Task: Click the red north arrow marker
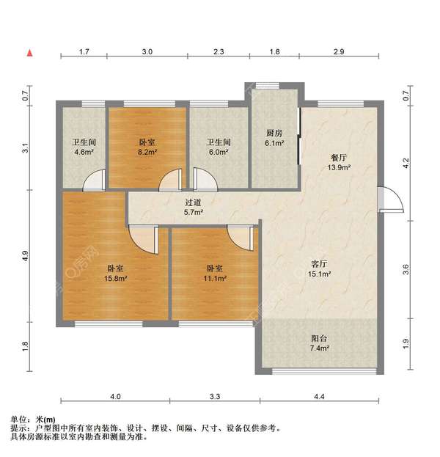[x=30, y=53]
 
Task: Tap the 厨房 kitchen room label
[x=274, y=134]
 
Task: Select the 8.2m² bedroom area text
[x=147, y=152]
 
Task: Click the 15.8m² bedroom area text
[x=115, y=278]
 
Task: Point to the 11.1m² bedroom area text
[x=215, y=278]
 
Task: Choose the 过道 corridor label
[x=193, y=202]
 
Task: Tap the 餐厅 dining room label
[x=339, y=158]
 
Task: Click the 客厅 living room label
[x=319, y=264]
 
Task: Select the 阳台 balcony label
[x=319, y=338]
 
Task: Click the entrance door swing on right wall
[x=390, y=200]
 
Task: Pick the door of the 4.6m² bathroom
[x=94, y=180]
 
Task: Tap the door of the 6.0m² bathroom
[x=205, y=180]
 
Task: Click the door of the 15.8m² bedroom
[x=143, y=239]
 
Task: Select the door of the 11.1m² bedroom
[x=240, y=238]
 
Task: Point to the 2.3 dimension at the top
[x=219, y=52]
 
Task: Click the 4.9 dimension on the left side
[x=26, y=256]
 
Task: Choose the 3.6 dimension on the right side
[x=406, y=269]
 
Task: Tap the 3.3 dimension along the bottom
[x=215, y=396]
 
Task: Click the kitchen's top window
[x=268, y=85]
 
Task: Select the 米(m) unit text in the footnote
[x=45, y=420]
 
